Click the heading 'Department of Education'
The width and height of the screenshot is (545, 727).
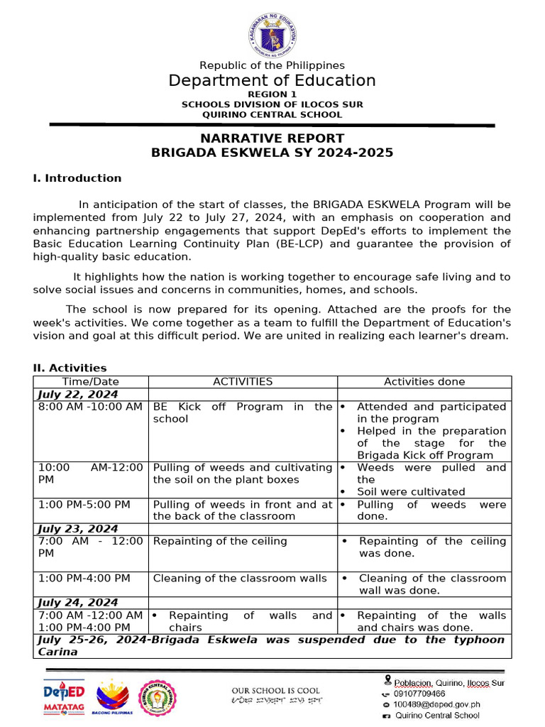coord(272,80)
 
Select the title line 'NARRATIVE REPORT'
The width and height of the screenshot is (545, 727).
coord(272,138)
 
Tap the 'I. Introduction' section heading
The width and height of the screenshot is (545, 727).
coord(77,178)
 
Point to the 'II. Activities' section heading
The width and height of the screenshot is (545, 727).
coord(70,368)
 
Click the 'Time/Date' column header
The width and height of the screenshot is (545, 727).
coord(91,382)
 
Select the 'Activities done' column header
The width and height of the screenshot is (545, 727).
coord(424,382)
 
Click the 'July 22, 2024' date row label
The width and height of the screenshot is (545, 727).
coord(78,394)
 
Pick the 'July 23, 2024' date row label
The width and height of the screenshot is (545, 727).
coord(78,529)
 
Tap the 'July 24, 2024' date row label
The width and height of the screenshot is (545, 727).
coord(78,603)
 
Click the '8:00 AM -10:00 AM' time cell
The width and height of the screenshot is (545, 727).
coord(90,407)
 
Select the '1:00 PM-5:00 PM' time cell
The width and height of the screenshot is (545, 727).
coord(84,504)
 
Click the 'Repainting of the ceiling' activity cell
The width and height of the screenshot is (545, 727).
coord(220,541)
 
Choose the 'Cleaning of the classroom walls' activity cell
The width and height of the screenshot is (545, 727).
coord(240,578)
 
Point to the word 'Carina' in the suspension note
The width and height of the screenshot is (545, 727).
coord(56,652)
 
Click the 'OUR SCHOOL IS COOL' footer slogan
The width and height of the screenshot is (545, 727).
coord(275,690)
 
